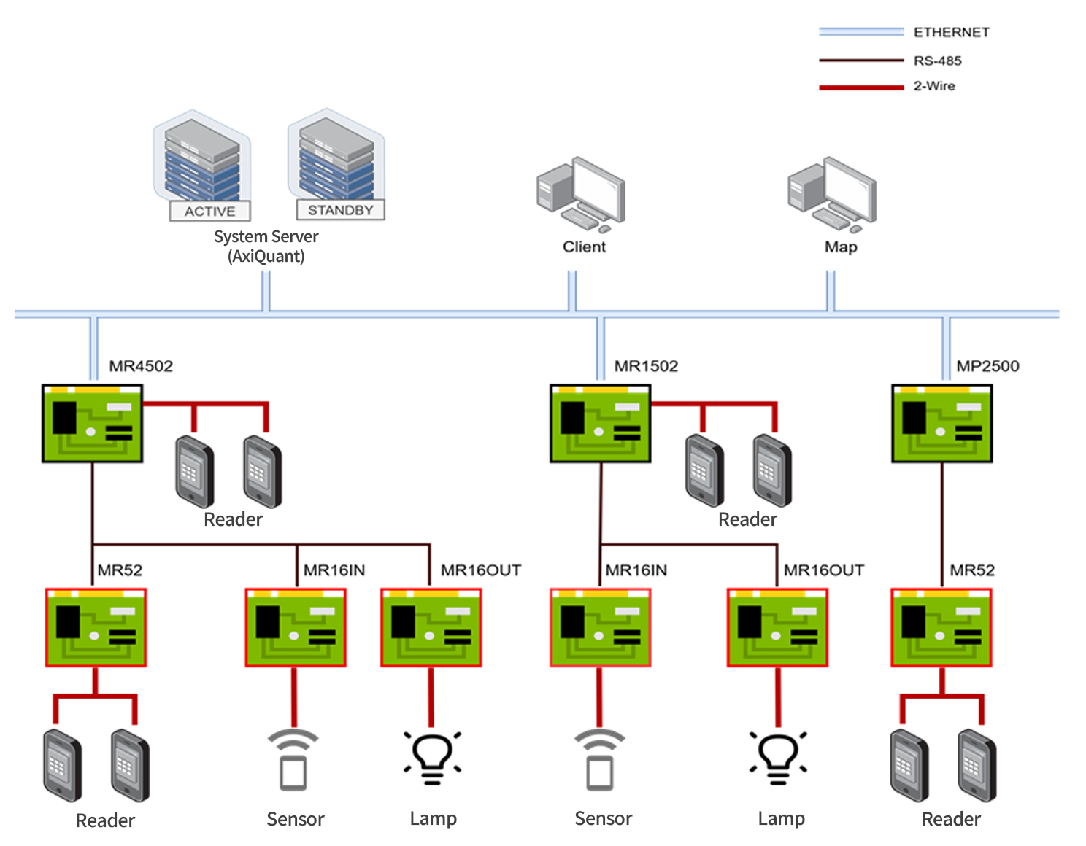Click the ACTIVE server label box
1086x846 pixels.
(209, 211)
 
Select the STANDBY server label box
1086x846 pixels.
(340, 210)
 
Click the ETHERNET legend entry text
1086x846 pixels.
(951, 32)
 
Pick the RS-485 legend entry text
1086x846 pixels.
(937, 61)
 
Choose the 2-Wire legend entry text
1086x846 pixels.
(933, 86)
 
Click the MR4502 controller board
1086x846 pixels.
(93, 424)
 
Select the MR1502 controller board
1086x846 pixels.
(600, 424)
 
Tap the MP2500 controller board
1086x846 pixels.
(941, 424)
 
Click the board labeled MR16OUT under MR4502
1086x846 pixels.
(431, 627)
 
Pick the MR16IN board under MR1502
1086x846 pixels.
(600, 627)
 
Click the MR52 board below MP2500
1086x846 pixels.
(941, 627)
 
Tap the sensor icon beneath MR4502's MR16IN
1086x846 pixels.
(293, 760)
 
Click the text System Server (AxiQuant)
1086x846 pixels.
(266, 247)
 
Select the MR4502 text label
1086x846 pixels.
(141, 366)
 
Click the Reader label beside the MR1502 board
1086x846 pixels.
(747, 519)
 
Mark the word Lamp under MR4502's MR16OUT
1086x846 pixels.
(433, 818)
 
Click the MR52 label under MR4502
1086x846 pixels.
(120, 570)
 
